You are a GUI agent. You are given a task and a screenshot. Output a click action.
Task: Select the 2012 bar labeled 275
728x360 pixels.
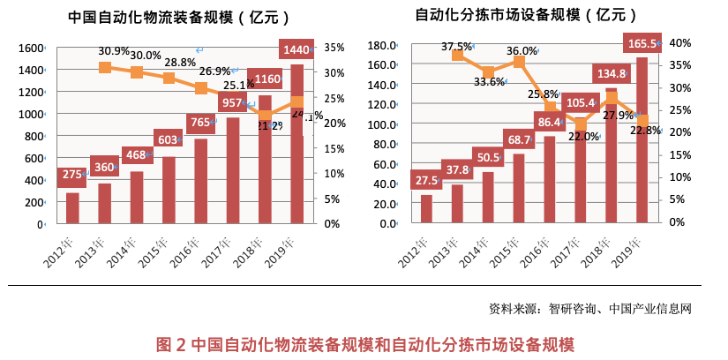[x=72, y=207]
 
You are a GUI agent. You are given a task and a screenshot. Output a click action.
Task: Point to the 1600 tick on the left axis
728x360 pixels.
[x=31, y=48]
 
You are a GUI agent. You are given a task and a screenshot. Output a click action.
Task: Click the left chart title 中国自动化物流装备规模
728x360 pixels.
[x=181, y=18]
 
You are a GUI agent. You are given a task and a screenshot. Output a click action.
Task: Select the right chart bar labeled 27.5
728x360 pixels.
[x=426, y=208]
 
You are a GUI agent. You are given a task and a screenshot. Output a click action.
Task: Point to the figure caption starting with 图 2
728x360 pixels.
[x=364, y=344]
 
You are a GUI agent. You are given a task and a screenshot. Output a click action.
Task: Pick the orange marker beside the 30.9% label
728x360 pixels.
[x=105, y=67]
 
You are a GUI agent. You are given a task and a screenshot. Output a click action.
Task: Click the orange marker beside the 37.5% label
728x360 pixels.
[x=457, y=56]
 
